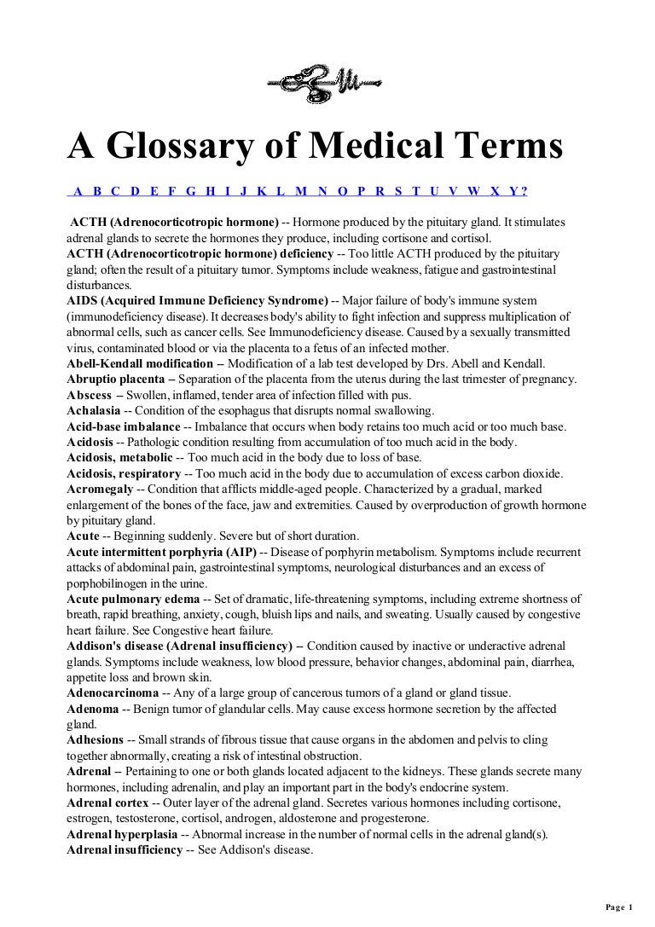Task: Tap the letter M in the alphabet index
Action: click(x=301, y=190)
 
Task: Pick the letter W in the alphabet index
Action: click(x=473, y=190)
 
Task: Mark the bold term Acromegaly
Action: click(x=100, y=489)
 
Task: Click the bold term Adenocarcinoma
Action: click(x=114, y=692)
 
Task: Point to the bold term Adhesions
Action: click(x=95, y=739)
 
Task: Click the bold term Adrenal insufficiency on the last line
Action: click(x=125, y=849)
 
